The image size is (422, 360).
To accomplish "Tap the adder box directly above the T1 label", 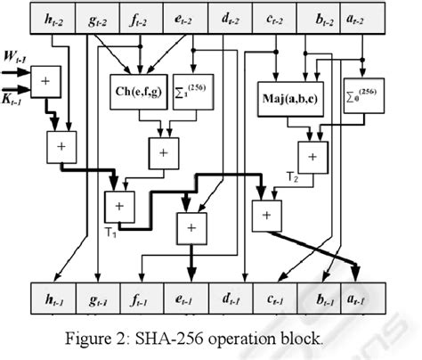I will coord(118,207).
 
